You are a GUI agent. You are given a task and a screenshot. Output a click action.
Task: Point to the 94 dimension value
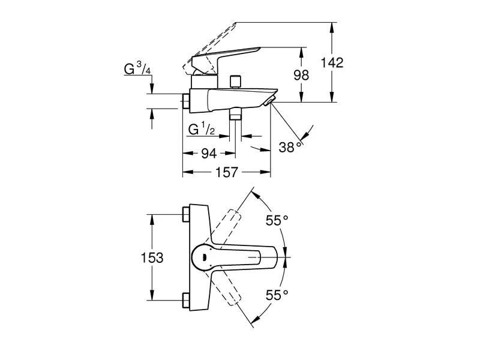208,154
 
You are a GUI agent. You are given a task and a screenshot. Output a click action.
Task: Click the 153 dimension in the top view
152,258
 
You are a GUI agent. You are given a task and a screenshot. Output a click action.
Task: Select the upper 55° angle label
277,221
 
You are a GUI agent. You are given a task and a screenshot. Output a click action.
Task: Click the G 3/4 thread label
137,69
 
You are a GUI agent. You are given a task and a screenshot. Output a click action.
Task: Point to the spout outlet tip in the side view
271,100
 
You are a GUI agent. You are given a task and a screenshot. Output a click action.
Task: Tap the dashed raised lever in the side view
210,44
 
